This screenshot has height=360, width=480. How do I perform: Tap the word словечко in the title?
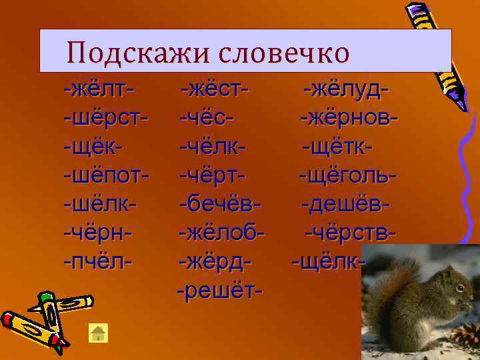[284, 51]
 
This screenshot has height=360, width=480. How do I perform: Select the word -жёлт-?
[99, 89]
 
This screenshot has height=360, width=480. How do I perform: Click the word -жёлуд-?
[346, 89]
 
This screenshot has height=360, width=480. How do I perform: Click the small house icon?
[99, 333]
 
